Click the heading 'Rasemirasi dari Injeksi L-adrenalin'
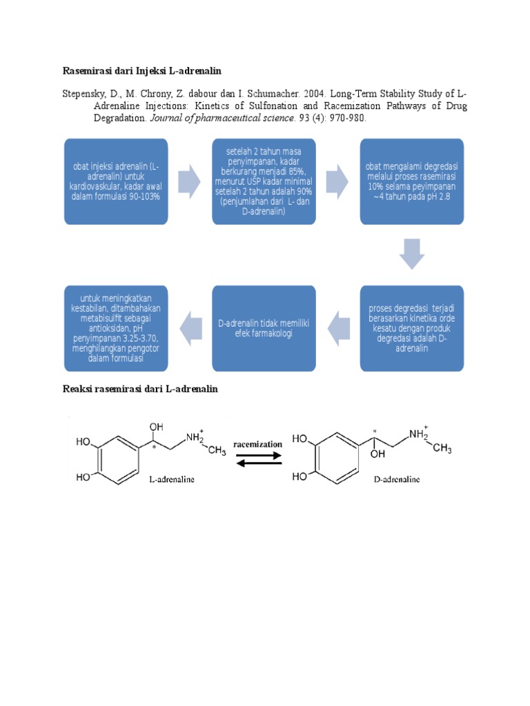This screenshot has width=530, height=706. click(141, 71)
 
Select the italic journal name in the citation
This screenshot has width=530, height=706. click(222, 118)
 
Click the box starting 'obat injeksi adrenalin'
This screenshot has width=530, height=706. click(116, 181)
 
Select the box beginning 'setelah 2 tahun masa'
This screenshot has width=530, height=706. click(264, 181)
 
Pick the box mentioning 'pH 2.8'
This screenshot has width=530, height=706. click(411, 181)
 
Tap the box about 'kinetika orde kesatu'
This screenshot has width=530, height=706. click(411, 328)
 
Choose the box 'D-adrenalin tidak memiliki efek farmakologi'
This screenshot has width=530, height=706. click(264, 328)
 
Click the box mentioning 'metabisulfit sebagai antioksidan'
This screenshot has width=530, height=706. click(116, 328)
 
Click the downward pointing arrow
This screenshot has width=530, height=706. click(412, 254)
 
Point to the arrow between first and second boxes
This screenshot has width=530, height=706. click(189, 181)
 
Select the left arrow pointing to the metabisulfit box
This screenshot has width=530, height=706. click(190, 329)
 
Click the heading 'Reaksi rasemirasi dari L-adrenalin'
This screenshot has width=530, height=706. click(140, 389)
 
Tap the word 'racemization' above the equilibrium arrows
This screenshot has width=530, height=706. click(258, 445)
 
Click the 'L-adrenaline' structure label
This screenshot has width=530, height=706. click(172, 480)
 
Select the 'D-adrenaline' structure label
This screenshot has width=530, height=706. click(397, 480)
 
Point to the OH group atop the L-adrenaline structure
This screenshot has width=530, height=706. click(157, 427)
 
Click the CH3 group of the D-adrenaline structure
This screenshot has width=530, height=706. click(442, 448)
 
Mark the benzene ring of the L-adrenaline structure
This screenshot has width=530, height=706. click(118, 460)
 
